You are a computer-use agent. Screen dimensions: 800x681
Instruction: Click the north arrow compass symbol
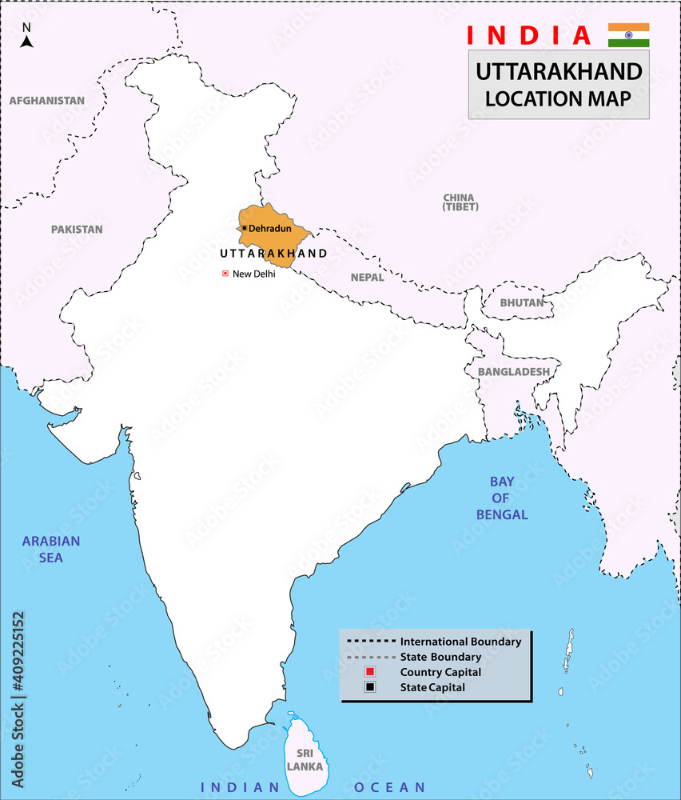click(26, 36)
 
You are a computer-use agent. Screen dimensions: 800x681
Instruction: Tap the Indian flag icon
click(628, 35)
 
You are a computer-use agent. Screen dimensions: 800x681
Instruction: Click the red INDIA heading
click(528, 35)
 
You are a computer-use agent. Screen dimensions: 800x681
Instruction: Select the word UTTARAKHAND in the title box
click(559, 72)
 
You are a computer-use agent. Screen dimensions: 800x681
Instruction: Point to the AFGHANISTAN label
click(46, 101)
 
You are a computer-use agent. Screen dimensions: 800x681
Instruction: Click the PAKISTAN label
click(77, 229)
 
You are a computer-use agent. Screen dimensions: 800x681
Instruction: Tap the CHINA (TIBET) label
click(459, 202)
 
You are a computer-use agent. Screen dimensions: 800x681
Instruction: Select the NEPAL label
click(367, 278)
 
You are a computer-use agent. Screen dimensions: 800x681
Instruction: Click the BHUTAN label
click(521, 302)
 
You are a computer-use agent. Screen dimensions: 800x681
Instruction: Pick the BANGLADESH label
click(514, 372)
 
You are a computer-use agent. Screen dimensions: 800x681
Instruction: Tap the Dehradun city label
click(271, 228)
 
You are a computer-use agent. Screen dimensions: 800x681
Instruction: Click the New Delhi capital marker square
click(225, 274)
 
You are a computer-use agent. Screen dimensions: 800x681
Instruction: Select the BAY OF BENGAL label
click(502, 498)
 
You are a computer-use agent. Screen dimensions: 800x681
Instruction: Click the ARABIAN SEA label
click(51, 549)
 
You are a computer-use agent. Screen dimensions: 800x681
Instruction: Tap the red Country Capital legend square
click(370, 672)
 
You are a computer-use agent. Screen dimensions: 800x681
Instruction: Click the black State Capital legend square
click(370, 687)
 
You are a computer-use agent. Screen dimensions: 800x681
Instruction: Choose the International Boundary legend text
click(460, 642)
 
